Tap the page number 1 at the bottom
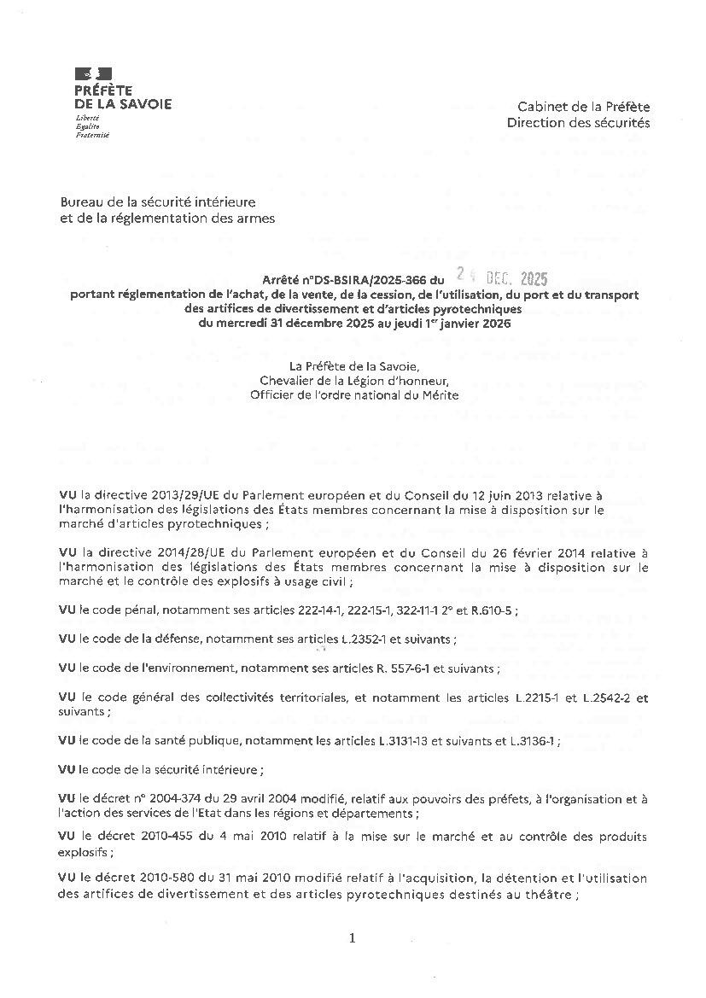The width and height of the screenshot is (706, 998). tap(352, 938)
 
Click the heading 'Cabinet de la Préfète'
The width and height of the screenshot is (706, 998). tap(583, 107)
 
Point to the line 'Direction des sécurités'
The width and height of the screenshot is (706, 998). tap(578, 122)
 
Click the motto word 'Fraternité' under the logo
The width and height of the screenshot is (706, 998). tap(92, 135)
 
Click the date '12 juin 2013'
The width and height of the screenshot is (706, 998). tap(490, 494)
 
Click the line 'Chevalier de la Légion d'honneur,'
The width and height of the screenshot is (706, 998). tap(353, 380)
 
